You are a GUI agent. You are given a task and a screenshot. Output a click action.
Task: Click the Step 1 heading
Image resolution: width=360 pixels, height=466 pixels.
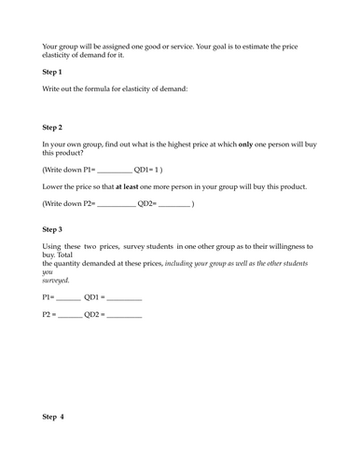[x=52, y=72]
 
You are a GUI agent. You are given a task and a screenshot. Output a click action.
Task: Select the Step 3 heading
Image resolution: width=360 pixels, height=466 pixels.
[x=52, y=228]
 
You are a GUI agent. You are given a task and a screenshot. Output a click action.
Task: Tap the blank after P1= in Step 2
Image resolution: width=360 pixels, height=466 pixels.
[x=115, y=171]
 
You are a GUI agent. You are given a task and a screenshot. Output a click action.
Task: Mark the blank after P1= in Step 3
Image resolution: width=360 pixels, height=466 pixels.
[x=68, y=297]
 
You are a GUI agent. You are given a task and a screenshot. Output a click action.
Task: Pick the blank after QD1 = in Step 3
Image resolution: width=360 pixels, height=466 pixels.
[x=125, y=297]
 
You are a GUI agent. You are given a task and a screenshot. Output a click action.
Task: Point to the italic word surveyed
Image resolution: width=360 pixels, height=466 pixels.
[x=56, y=280]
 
